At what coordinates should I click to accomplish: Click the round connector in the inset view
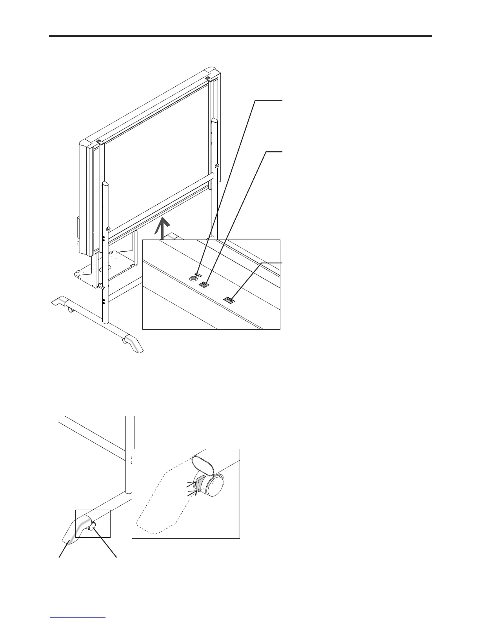coord(193,278)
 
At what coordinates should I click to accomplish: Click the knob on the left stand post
coord(107,228)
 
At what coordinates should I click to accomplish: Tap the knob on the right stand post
coord(217,166)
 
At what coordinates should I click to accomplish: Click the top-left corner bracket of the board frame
coord(98,142)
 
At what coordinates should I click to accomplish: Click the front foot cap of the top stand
coord(133,343)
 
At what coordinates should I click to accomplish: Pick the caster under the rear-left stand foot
coord(71,310)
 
